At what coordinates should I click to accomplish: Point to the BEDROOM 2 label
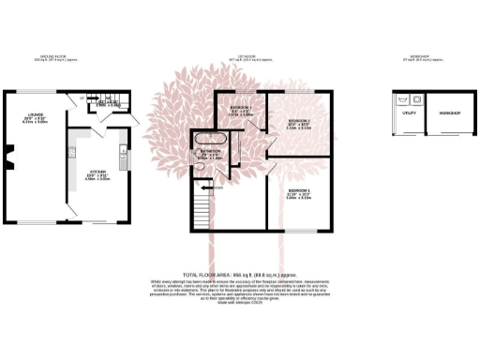pyautogui.click(x=299, y=121)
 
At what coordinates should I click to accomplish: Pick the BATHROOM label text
pyautogui.click(x=210, y=152)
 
